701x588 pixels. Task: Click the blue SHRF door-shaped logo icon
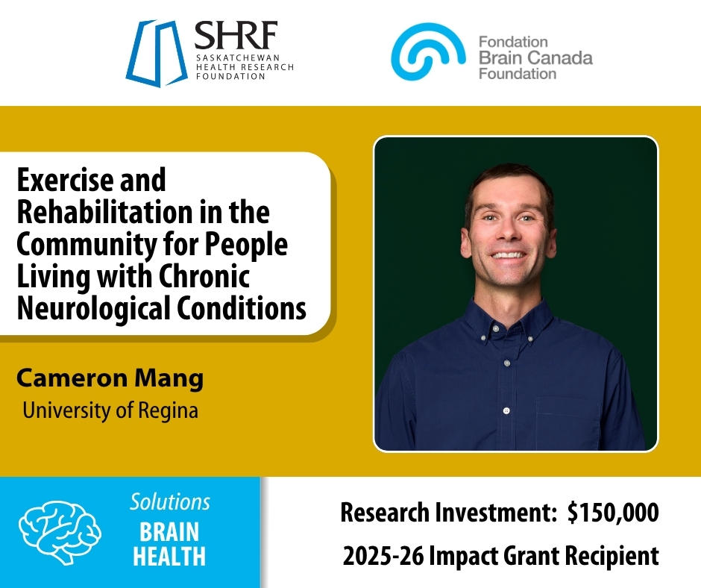coord(157,53)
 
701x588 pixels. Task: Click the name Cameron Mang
coord(110,378)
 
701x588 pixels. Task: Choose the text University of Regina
coord(110,410)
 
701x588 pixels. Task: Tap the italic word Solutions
coord(170,501)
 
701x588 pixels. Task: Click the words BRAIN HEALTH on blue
coord(170,544)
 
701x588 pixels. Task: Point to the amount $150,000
coord(612,513)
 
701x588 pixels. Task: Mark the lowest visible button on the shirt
coord(506,410)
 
